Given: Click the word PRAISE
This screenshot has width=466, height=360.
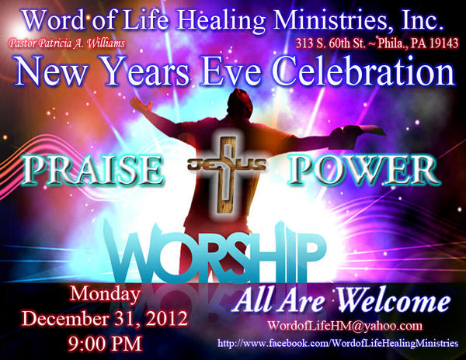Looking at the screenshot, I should pyautogui.click(x=92, y=168).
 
